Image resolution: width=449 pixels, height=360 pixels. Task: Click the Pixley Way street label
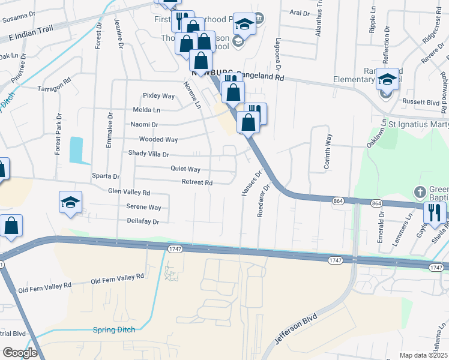click(158, 96)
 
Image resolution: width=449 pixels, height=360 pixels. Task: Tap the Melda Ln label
click(147, 110)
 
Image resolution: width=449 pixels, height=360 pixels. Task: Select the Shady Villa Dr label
click(149, 154)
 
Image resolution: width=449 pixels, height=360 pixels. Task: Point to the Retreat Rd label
click(197, 182)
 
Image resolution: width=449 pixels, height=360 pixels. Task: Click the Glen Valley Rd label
click(128, 193)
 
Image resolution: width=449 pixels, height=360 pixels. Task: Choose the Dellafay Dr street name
click(143, 221)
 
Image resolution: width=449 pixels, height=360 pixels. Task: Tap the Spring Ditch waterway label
click(114, 329)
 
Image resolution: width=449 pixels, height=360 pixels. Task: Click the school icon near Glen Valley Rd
click(70, 202)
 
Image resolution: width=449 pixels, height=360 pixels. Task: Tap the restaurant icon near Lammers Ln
click(434, 212)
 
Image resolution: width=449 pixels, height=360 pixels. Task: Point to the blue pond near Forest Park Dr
click(76, 150)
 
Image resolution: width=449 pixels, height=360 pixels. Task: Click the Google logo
click(20, 353)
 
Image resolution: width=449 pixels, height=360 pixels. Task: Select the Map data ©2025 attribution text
click(423, 355)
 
